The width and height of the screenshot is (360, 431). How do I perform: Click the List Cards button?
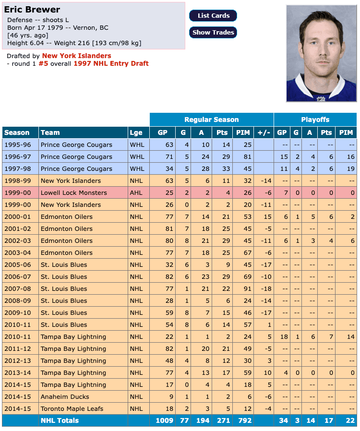point(213,16)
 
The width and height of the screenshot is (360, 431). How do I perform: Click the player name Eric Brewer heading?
point(32,10)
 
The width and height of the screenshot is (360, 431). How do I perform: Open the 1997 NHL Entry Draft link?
point(111,63)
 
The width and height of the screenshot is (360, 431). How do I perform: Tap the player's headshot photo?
point(321,53)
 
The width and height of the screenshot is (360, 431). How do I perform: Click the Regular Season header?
point(211,120)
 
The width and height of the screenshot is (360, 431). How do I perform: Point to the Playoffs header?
point(315,120)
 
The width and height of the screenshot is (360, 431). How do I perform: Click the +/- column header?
point(264,132)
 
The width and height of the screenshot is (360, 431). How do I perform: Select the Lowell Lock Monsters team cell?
point(73,192)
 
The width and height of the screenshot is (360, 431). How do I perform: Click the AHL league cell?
point(136,192)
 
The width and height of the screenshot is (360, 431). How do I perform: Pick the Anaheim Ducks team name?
point(65,397)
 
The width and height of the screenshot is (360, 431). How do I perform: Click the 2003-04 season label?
point(17,252)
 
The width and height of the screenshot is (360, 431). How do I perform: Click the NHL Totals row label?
point(60,420)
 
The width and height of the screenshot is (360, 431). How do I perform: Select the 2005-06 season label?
point(17,264)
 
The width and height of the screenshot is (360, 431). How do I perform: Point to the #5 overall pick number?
point(43,63)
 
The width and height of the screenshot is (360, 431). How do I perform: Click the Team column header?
point(50,132)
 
